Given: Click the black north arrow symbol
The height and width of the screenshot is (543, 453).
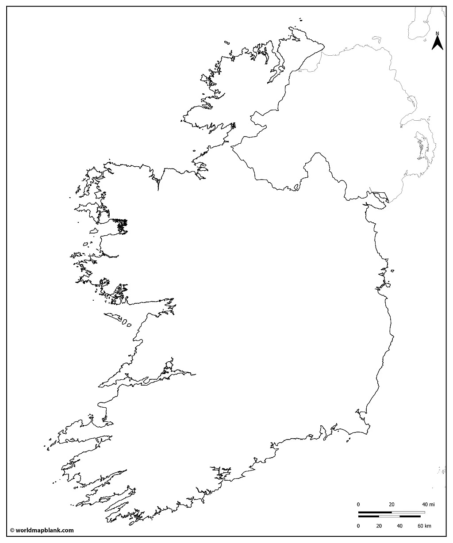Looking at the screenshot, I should [x=438, y=43].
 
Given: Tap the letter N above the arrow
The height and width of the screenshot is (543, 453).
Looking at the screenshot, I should [x=438, y=33].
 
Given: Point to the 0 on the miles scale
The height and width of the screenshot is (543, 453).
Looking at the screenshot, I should [x=358, y=505].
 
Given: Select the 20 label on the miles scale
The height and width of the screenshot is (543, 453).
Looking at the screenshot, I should [x=392, y=505].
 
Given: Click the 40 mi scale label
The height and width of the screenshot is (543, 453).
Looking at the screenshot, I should [x=427, y=505].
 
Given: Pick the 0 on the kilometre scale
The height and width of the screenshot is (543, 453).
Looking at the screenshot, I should [x=358, y=526].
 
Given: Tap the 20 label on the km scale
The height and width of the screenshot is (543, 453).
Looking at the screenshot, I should [x=379, y=526].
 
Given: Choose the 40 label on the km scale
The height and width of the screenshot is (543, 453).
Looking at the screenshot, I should [x=399, y=526].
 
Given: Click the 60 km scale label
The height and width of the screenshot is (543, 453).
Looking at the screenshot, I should [x=423, y=526].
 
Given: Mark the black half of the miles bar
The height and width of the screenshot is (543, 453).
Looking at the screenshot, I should [x=375, y=512].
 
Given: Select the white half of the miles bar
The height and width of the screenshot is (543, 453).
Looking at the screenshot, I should [x=408, y=512].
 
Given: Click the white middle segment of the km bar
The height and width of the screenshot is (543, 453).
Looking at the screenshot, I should [x=389, y=516].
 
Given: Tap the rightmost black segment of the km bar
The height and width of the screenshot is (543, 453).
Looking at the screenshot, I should [x=410, y=516].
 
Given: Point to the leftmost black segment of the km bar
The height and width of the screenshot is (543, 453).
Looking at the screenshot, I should [x=369, y=516].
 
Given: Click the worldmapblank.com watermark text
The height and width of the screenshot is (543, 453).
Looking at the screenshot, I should [x=44, y=530].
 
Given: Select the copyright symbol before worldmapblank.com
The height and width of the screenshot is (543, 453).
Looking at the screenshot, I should [x=12, y=530].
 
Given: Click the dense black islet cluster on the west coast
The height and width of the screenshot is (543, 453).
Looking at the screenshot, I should [x=121, y=225].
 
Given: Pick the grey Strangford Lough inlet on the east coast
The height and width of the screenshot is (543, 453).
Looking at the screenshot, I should [x=419, y=146].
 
